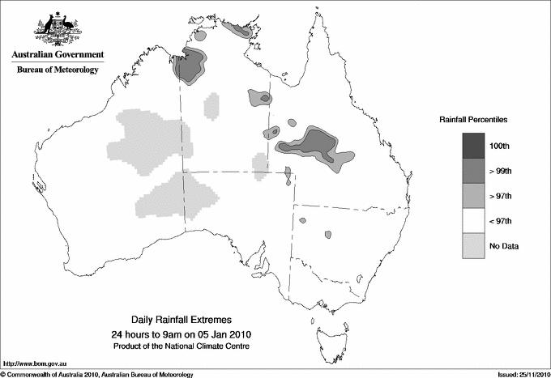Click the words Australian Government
click(x=58, y=55)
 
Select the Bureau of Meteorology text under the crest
click(x=58, y=70)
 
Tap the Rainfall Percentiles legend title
click(x=473, y=119)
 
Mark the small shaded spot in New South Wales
click(x=327, y=234)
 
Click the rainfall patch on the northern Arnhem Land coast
click(x=237, y=31)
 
